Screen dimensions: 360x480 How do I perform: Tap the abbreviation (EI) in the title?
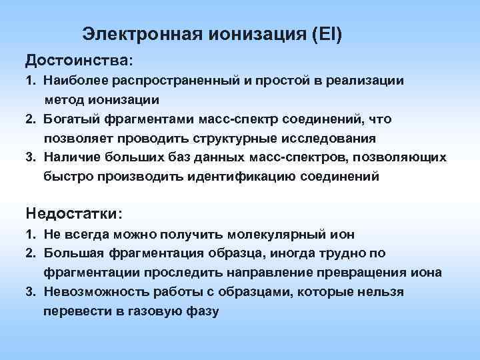pyautogui.click(x=327, y=33)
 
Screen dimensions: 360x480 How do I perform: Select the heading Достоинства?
pyautogui.click(x=79, y=61)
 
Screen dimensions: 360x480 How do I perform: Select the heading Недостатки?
pyautogui.click(x=74, y=213)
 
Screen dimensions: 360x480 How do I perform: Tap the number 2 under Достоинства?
pyautogui.click(x=31, y=119)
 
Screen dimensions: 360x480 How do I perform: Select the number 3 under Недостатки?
pyautogui.click(x=31, y=292)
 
